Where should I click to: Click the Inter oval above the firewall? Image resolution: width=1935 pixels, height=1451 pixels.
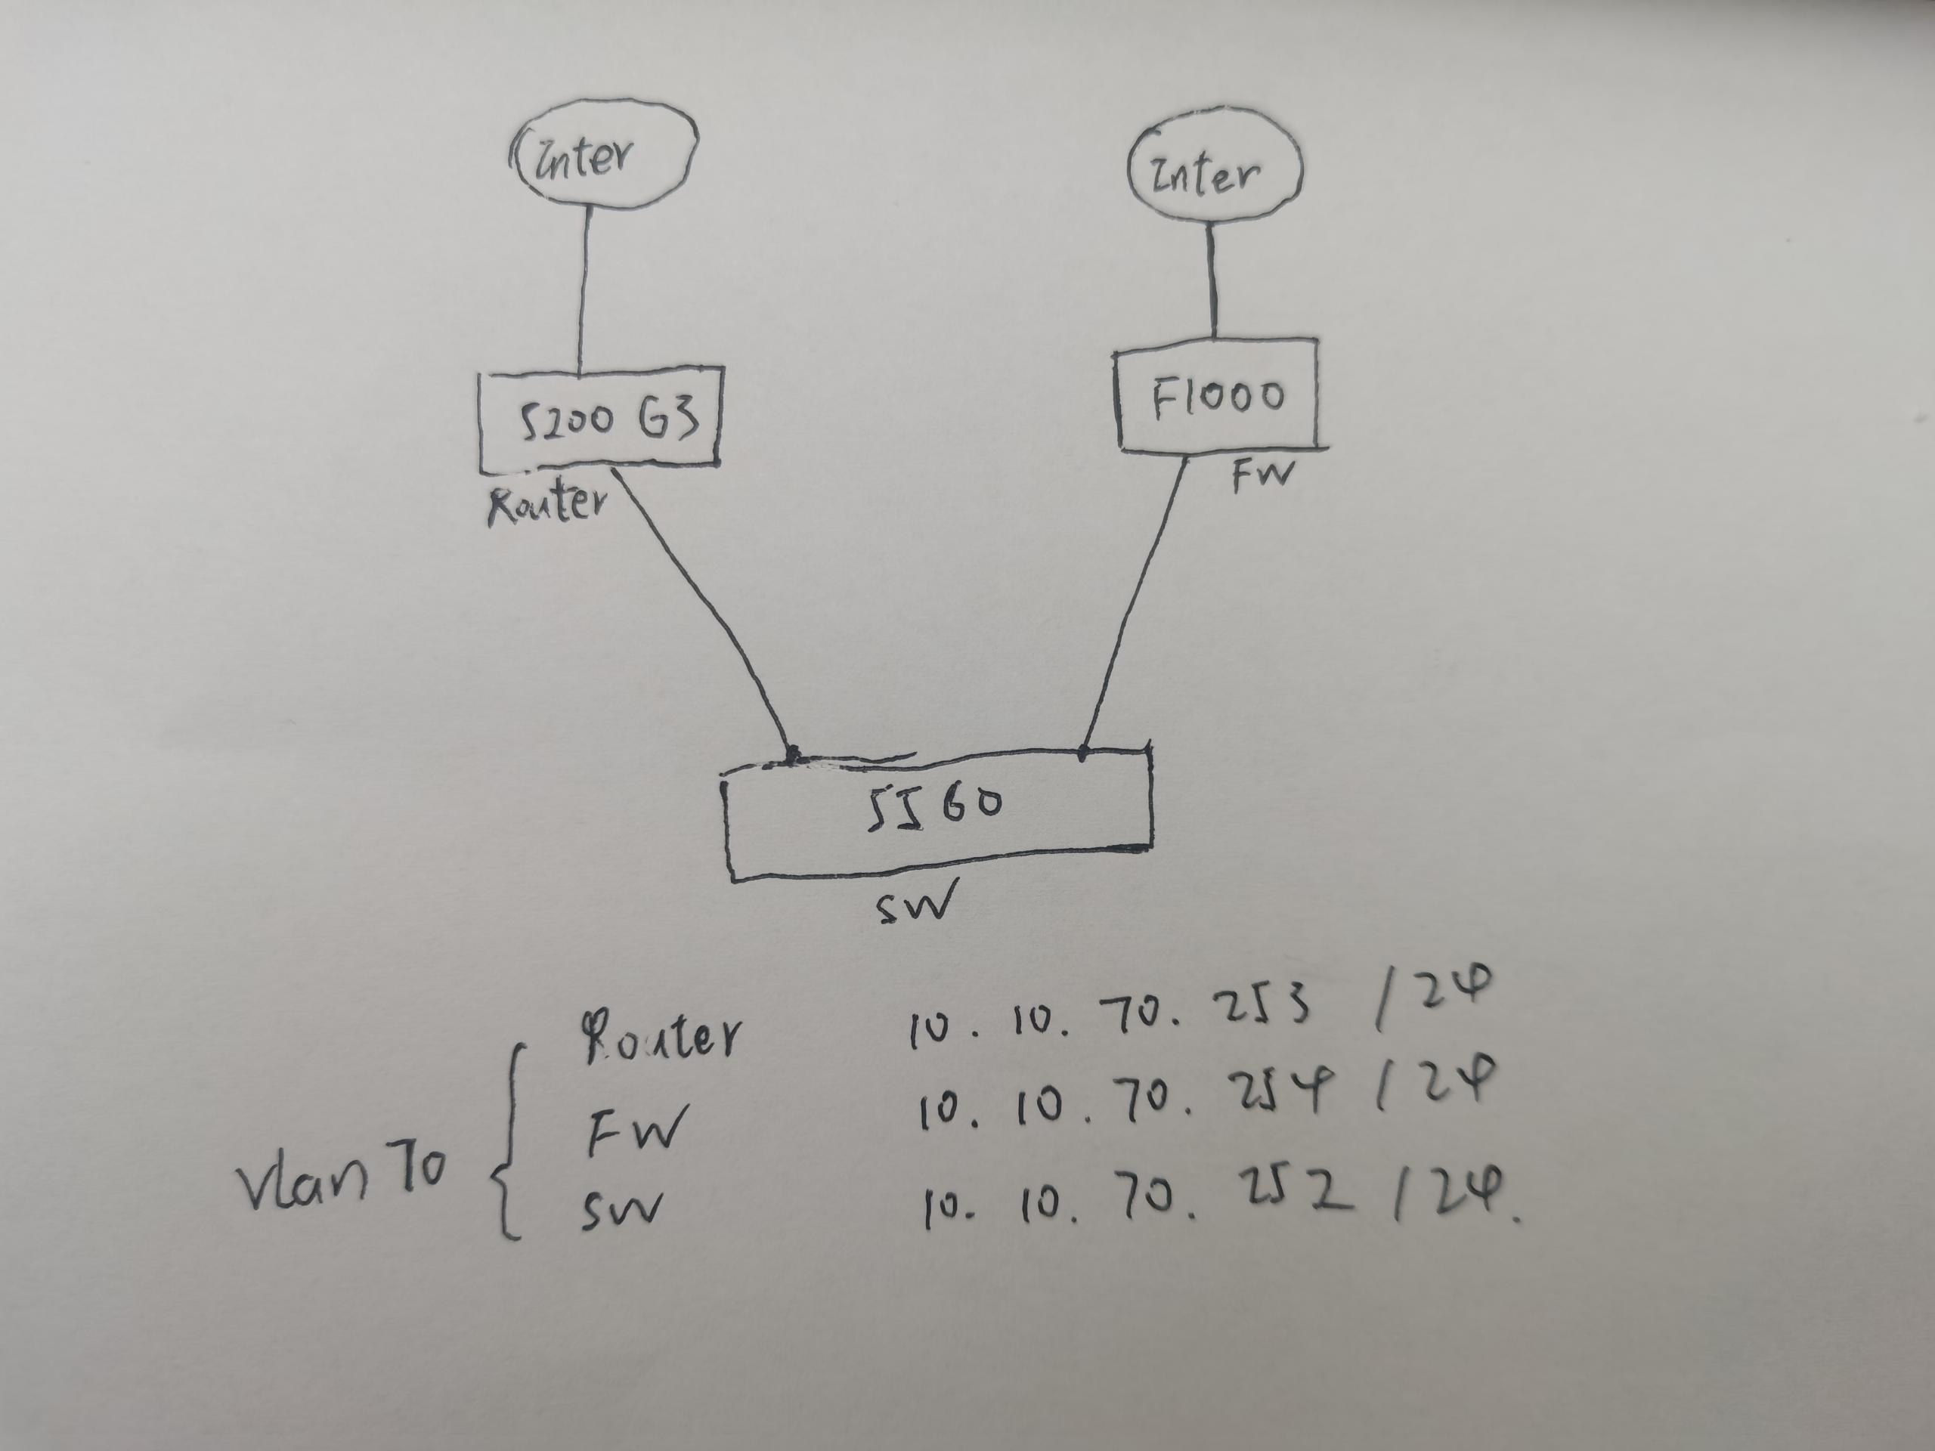tap(1214, 173)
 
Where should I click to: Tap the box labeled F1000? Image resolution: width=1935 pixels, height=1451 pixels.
tap(1217, 396)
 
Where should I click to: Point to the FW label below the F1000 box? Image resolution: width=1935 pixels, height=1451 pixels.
tap(1262, 476)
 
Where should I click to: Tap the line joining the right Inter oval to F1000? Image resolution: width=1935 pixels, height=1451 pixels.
tap(1212, 280)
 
